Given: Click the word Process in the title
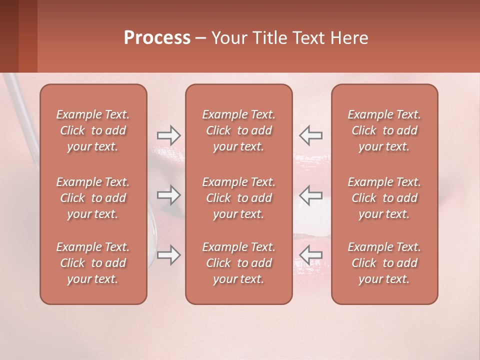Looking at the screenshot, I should [157, 38].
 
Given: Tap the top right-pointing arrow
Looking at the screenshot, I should [168, 135].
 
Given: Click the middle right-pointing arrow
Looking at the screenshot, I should [168, 195].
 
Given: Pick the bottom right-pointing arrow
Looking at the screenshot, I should [168, 255].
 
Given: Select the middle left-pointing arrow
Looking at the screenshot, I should [311, 195].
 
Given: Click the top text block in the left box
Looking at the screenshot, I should [93, 130].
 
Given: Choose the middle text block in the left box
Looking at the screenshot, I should [93, 198].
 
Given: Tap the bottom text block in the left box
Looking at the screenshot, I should [93, 263].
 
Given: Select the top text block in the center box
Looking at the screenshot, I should [239, 130].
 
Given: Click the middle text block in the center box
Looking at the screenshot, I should [239, 198].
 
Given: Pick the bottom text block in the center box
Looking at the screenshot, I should [239, 263].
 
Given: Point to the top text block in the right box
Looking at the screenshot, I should [384, 130].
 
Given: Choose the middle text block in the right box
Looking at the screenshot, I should [384, 198].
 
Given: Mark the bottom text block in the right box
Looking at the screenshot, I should [384, 263].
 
